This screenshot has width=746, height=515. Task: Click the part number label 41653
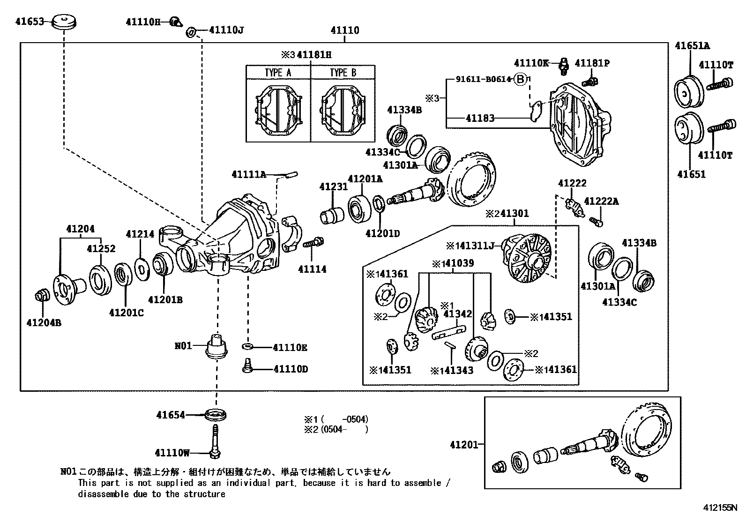point(29,22)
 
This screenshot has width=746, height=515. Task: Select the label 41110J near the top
point(226,30)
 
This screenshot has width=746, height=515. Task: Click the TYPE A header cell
point(278,73)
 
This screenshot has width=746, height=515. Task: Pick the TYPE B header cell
point(343,73)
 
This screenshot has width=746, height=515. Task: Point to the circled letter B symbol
point(521,79)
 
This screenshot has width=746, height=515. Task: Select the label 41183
point(480,118)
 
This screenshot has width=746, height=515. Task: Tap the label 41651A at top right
point(692,45)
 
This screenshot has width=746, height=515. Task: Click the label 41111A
point(249,174)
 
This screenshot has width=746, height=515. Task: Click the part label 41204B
point(44,323)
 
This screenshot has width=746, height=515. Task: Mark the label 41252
point(101,249)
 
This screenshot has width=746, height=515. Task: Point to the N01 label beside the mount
point(183,346)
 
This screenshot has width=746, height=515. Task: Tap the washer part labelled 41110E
point(247,346)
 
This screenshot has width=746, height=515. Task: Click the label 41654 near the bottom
point(171,415)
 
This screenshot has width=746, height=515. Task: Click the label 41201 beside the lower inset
point(464,444)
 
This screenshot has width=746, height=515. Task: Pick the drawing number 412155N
point(719,508)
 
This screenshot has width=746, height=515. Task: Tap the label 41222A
point(602,202)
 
